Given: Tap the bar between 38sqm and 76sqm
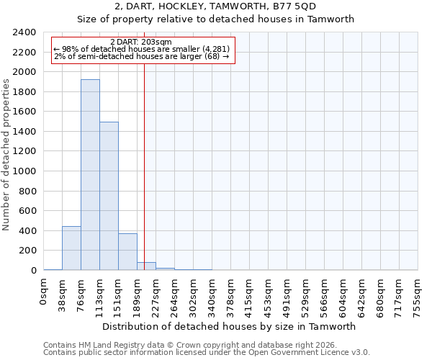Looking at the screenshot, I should coord(71,248).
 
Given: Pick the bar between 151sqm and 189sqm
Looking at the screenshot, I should coord(127,252).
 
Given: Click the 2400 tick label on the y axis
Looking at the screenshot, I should coord(24,32).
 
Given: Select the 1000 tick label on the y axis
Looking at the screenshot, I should coord(24,171).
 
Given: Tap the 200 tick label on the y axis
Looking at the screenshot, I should coord(27,251).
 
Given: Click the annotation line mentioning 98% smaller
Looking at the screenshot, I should coord(141,49).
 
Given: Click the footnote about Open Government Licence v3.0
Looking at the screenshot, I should coord(207,353).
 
